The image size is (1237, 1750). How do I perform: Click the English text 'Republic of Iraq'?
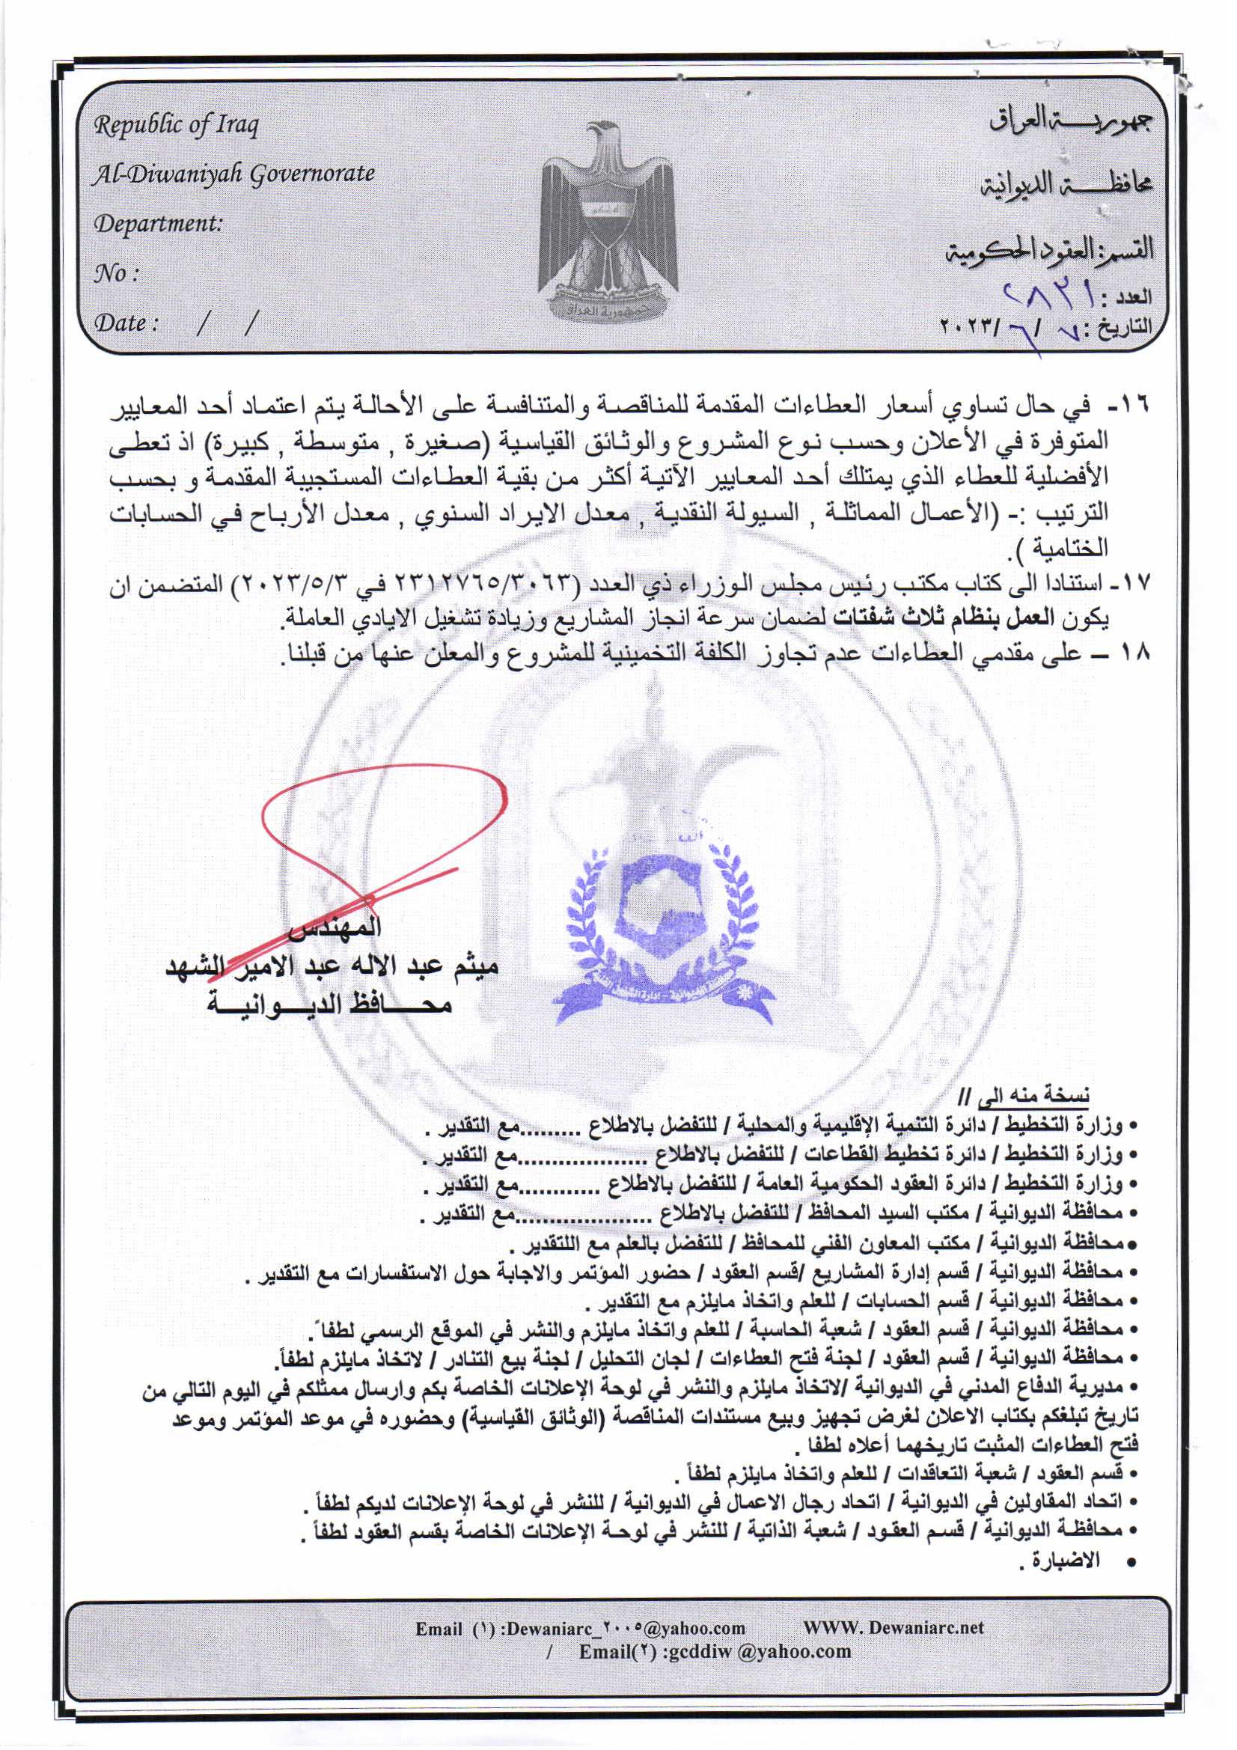(x=176, y=124)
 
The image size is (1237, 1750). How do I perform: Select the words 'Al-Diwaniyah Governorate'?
(x=234, y=174)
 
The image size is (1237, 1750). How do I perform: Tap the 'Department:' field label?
(x=158, y=223)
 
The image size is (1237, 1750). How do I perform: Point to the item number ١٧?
(x=1133, y=585)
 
